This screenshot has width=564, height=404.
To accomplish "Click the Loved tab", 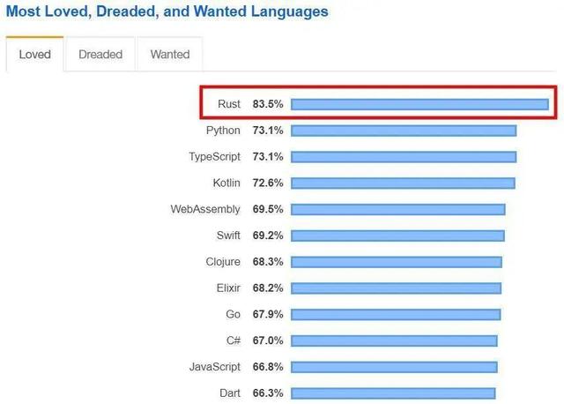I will point(34,55).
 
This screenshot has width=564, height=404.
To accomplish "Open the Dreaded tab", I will point(100,55).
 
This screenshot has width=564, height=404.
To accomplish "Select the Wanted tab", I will point(170,55).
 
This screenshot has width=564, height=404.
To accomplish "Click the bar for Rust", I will point(419,105).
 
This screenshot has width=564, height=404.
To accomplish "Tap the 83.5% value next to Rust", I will point(268,105).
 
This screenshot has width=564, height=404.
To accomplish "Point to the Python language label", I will point(223,131).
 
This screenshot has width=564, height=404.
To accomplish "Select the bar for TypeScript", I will point(404,157).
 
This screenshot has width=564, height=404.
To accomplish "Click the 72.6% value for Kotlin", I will point(268,183).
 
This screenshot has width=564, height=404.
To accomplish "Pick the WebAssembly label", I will point(205,210).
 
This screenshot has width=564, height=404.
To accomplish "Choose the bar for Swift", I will point(397,236).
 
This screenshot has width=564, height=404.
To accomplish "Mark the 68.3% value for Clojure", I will point(268,262).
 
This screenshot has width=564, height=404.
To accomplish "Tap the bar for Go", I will point(396,314).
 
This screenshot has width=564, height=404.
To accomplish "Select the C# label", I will point(233,340).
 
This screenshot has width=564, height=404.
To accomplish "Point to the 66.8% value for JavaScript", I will point(268,366).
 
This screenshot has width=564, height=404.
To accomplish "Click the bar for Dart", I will point(393,393).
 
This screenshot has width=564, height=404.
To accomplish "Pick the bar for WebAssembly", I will point(398,210).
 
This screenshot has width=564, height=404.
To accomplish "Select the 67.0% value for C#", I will point(268,340).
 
